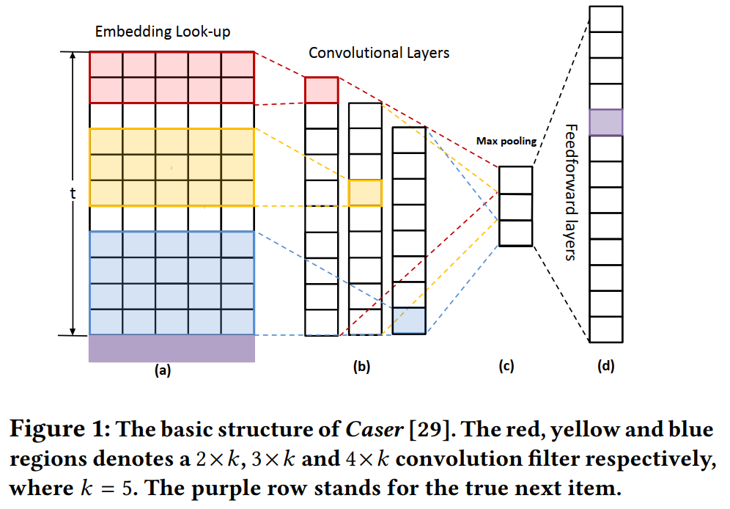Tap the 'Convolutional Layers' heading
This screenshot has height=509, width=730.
(x=379, y=53)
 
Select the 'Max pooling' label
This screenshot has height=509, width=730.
(x=506, y=141)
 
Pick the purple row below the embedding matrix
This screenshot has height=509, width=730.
(x=172, y=348)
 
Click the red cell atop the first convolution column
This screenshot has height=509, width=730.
(x=321, y=89)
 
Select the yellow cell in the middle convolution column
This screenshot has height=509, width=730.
(x=365, y=192)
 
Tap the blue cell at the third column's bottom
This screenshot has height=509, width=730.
(x=409, y=321)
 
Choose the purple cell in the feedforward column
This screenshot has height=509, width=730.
(x=606, y=122)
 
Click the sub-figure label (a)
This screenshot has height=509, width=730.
(x=163, y=370)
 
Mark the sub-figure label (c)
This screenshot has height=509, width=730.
(x=506, y=368)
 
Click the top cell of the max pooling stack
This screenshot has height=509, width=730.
(x=515, y=180)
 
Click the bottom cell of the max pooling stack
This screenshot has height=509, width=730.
(x=515, y=233)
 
